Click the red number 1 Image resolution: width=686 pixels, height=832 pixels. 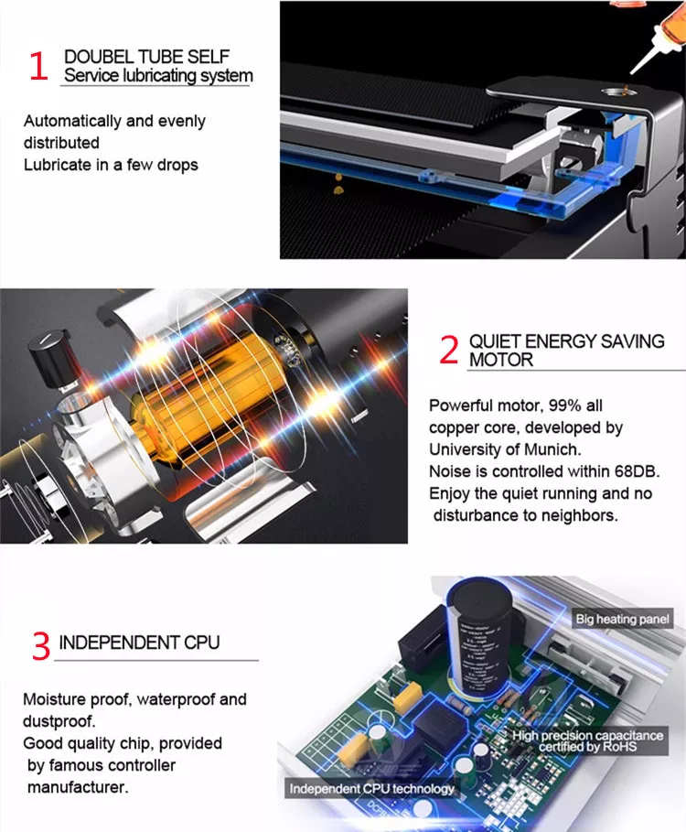[38, 66]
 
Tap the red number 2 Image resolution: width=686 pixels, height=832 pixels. [449, 350]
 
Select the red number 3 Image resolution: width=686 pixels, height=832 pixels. [41, 645]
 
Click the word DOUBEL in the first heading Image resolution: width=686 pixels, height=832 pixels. [98, 56]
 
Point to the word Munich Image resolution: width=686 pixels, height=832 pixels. [552, 449]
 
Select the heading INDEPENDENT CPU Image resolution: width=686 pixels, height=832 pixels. [139, 643]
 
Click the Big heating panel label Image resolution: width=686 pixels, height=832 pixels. [622, 619]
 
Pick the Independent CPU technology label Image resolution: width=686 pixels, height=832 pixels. [371, 789]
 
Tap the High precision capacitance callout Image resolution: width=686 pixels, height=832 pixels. [587, 740]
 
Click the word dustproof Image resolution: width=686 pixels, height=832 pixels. [59, 721]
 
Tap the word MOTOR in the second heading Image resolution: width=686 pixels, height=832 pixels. [501, 360]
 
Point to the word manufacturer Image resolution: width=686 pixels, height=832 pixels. [78, 787]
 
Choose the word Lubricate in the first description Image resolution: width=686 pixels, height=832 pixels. [58, 165]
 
